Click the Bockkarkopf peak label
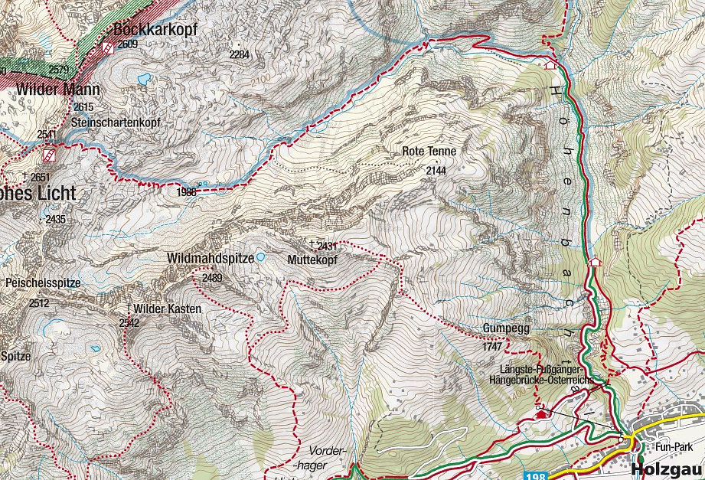155,30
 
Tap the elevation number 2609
128,44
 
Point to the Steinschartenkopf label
115,122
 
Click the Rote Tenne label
429,152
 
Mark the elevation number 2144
436,171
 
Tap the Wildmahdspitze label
211,259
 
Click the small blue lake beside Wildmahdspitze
261,257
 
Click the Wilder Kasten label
167,309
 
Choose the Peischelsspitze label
42,283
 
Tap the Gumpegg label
502,329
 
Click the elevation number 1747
492,347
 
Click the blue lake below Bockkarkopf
144,78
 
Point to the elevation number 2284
240,54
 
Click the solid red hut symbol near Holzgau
542,414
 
